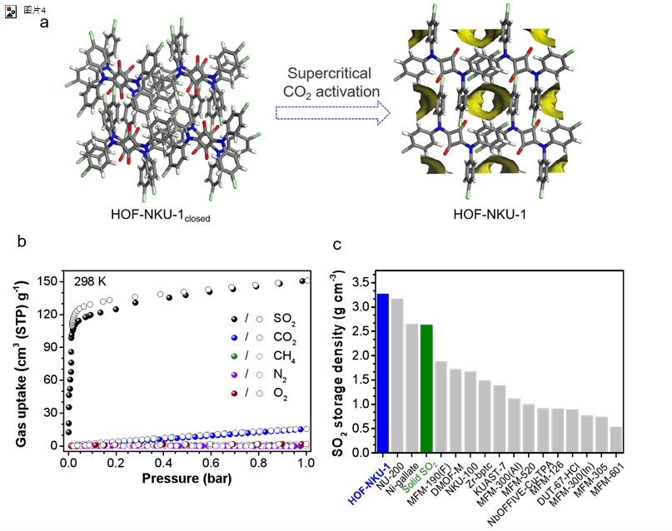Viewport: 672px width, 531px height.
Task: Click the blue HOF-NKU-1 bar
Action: point(383,374)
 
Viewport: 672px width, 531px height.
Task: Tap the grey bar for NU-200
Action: point(397,375)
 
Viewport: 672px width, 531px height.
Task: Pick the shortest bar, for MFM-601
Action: point(616,439)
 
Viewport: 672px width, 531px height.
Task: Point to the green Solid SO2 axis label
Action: point(418,477)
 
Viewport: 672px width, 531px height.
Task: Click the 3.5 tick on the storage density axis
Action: point(359,283)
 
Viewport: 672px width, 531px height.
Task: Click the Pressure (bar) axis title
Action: point(187,479)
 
